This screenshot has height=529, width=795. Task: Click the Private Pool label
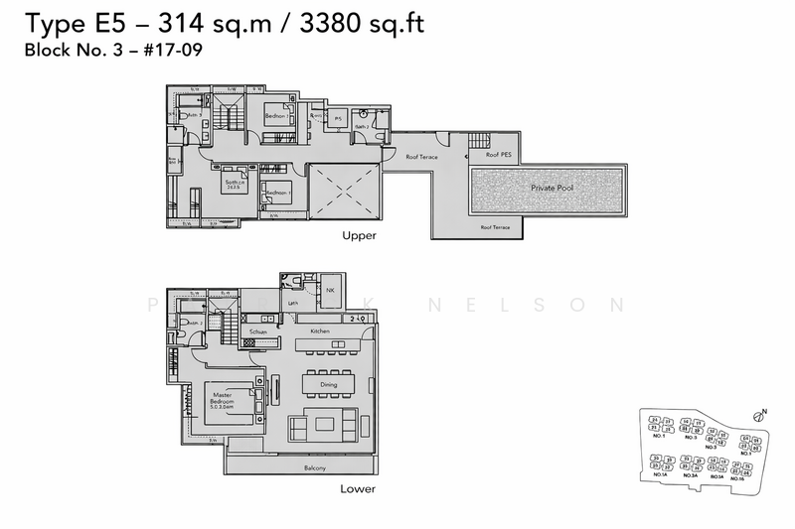(x=556, y=187)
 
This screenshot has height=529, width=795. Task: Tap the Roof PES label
(x=499, y=156)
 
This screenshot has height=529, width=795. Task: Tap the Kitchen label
(x=319, y=331)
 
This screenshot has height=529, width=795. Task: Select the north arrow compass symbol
(x=761, y=416)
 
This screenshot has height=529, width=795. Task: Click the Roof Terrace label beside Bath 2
(x=421, y=157)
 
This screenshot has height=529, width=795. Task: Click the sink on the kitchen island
(x=340, y=344)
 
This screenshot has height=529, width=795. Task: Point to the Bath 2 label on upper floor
(x=363, y=127)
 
